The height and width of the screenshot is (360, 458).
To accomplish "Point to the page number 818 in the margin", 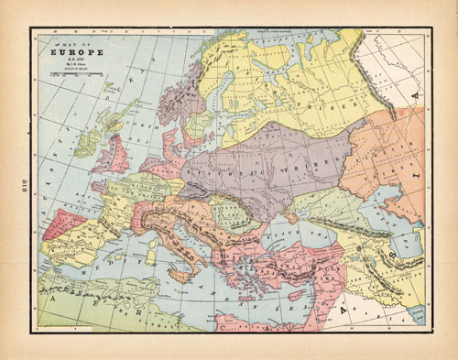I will pyautogui.click(x=16, y=180).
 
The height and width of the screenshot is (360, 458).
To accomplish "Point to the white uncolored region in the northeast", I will pyautogui.click(x=403, y=64).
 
